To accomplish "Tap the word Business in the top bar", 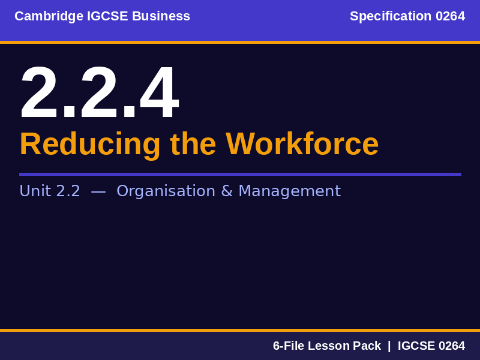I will pyautogui.click(x=161, y=16).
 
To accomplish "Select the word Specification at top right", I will pyautogui.click(x=391, y=16).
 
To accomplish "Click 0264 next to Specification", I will pyautogui.click(x=450, y=16).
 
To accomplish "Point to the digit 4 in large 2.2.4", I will pyautogui.click(x=159, y=93).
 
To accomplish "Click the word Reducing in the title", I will pyautogui.click(x=90, y=144).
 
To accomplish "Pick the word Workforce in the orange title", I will pyautogui.click(x=302, y=144).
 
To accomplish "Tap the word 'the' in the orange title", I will pyautogui.click(x=193, y=144).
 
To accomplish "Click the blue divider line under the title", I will pyautogui.click(x=240, y=174).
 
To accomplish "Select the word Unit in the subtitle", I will pyautogui.click(x=35, y=191).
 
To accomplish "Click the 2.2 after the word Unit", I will pyautogui.click(x=68, y=191).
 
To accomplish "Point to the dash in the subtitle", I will pyautogui.click(x=98, y=191).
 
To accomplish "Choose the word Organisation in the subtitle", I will pyautogui.click(x=166, y=191).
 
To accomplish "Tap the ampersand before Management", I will pyautogui.click(x=227, y=191).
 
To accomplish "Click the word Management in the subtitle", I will pyautogui.click(x=289, y=191).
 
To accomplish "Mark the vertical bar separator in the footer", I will pyautogui.click(x=389, y=346).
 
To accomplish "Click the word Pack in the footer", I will pyautogui.click(x=367, y=346).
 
